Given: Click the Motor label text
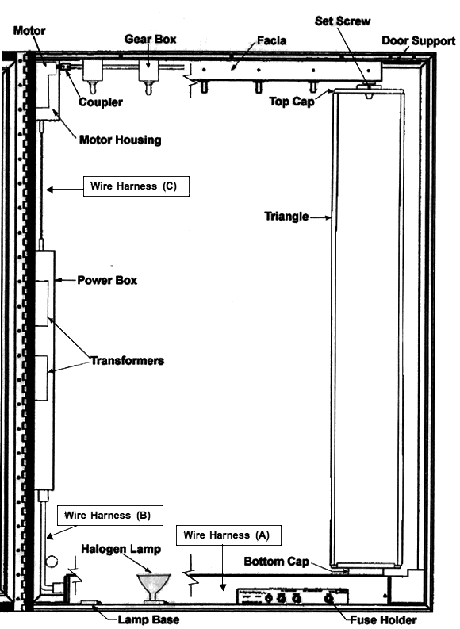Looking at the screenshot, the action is pyautogui.click(x=29, y=30).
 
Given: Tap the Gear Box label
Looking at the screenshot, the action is pyautogui.click(x=151, y=39).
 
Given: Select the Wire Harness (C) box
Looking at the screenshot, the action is pyautogui.click(x=136, y=186).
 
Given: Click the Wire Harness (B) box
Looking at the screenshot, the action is pyautogui.click(x=110, y=516).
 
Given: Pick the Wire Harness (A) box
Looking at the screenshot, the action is pyautogui.click(x=228, y=535).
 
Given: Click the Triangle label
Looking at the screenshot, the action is pyautogui.click(x=286, y=217).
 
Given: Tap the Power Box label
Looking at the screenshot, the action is pyautogui.click(x=107, y=280).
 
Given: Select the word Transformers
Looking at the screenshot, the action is pyautogui.click(x=127, y=361).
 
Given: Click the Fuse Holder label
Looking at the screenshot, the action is pyautogui.click(x=383, y=619).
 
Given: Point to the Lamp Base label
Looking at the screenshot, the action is pyautogui.click(x=148, y=619).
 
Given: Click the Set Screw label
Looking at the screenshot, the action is pyautogui.click(x=343, y=21).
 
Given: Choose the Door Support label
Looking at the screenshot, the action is pyautogui.click(x=418, y=41).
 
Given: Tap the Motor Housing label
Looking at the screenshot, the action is pyautogui.click(x=121, y=140).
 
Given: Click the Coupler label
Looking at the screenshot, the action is pyautogui.click(x=100, y=102).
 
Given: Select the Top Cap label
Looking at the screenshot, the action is pyautogui.click(x=292, y=102).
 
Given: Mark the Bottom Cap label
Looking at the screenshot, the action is pyautogui.click(x=276, y=562).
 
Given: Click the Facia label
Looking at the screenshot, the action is pyautogui.click(x=271, y=40).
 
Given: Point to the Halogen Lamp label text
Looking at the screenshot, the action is pyautogui.click(x=121, y=549).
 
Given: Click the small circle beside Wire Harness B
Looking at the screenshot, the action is pyautogui.click(x=52, y=562).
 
